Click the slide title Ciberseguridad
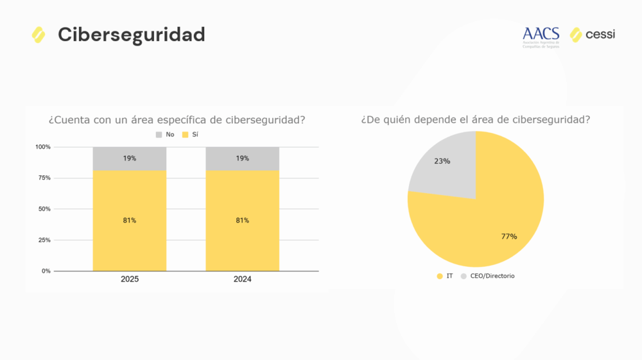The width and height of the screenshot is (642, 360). pos(131,35)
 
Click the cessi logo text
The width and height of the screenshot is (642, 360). pos(600,34)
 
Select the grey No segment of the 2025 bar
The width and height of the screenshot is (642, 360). pos(130,159)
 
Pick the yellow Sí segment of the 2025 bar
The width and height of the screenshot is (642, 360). pos(130,220)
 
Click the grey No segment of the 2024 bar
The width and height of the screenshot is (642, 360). pos(243,159)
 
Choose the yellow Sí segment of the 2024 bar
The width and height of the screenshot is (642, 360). pos(243,220)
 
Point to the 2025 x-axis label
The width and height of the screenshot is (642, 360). pos(130,280)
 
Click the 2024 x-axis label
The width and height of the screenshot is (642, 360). pos(243,280)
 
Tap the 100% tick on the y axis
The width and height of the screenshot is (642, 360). pos(42,147)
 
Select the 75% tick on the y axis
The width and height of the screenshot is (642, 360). pos(44,178)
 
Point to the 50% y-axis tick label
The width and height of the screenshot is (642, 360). pos(44,209)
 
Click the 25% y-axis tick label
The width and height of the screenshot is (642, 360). pos(44,240)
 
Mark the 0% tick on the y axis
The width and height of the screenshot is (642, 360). pos(46,271)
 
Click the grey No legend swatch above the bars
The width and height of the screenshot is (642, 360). pos(159,135)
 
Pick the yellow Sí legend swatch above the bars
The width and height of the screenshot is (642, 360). pos(186,135)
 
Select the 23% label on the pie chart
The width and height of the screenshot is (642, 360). pos(442,161)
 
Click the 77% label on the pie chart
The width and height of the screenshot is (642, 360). pos(509,236)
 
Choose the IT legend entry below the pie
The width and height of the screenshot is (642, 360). pos(445,276)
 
